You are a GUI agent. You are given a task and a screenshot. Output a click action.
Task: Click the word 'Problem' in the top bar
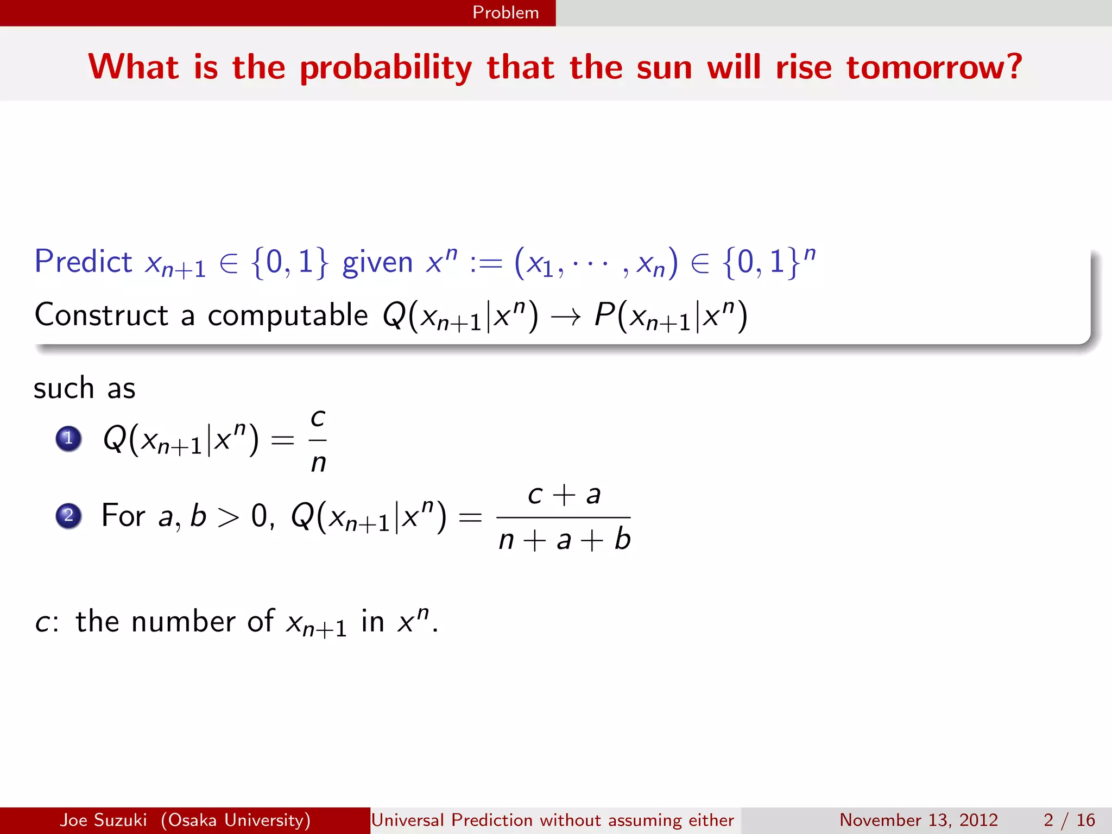pyautogui.click(x=506, y=12)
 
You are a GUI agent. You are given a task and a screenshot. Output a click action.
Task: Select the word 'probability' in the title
pyautogui.click(x=386, y=68)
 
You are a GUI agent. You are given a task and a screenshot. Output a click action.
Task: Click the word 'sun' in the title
pyautogui.click(x=664, y=68)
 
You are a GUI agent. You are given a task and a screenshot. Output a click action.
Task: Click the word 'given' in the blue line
pyautogui.click(x=377, y=263)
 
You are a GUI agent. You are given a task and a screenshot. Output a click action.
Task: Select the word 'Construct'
pyautogui.click(x=102, y=315)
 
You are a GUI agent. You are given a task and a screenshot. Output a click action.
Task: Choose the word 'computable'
pyautogui.click(x=288, y=315)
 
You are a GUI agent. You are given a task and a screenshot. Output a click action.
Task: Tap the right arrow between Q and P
pyautogui.click(x=566, y=317)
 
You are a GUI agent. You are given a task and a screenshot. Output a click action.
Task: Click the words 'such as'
pyautogui.click(x=84, y=388)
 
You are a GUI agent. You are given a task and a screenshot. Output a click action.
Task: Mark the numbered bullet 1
pyautogui.click(x=68, y=438)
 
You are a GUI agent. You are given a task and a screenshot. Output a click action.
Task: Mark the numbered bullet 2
pyautogui.click(x=68, y=515)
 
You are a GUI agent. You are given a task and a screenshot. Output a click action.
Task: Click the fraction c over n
pyautogui.click(x=318, y=440)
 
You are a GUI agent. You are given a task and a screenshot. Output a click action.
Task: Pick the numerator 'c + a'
pyautogui.click(x=564, y=495)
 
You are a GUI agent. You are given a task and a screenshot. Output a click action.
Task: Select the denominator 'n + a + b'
pyautogui.click(x=564, y=540)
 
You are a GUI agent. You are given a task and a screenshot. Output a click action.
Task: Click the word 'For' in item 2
pyautogui.click(x=123, y=515)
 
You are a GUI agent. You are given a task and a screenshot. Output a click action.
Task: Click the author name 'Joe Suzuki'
pyautogui.click(x=103, y=820)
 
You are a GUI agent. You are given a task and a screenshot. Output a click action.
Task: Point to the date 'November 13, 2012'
pyautogui.click(x=919, y=820)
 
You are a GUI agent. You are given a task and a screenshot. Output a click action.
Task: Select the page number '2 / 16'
pyautogui.click(x=1069, y=820)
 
